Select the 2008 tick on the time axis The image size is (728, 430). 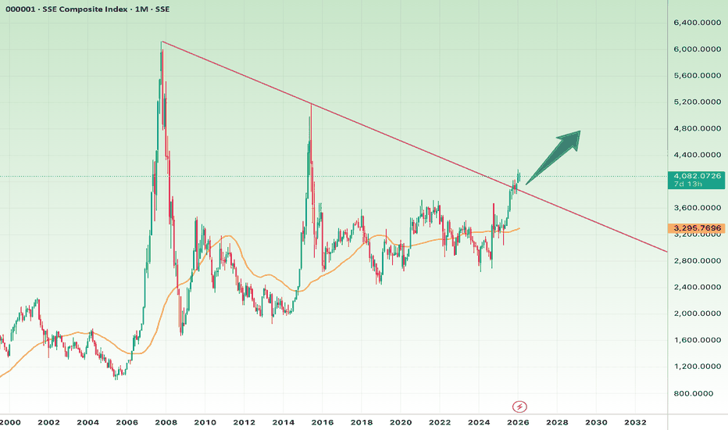(x=166, y=422)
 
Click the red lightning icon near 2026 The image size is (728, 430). (x=519, y=407)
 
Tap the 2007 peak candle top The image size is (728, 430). (x=162, y=42)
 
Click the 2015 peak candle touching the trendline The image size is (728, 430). (x=311, y=105)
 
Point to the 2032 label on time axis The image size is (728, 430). (x=635, y=422)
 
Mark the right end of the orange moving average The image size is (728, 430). (x=519, y=228)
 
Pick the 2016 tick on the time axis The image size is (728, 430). (x=323, y=422)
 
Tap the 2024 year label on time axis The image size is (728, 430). (x=479, y=422)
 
